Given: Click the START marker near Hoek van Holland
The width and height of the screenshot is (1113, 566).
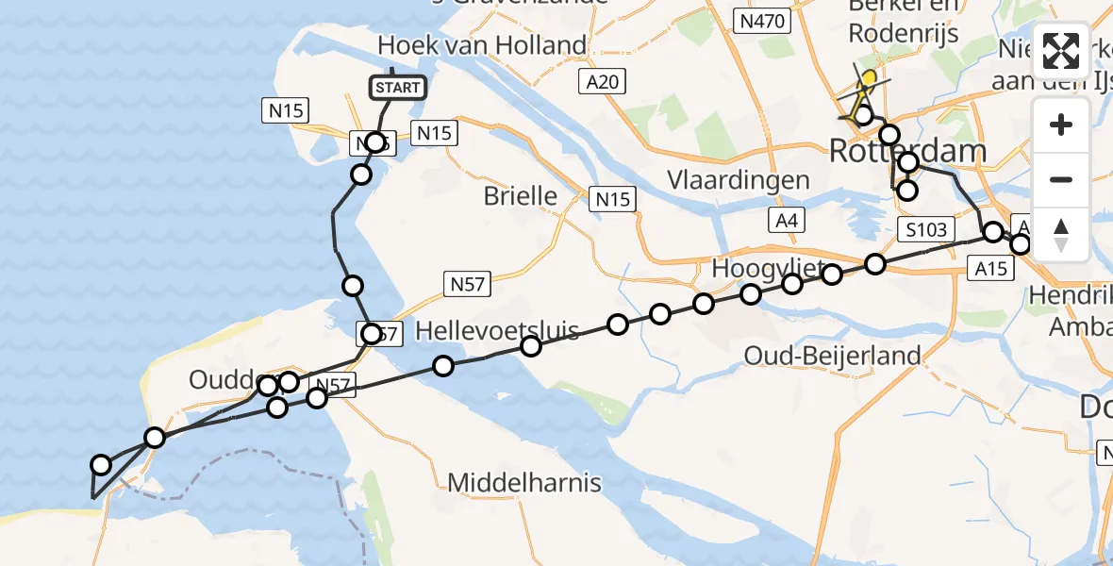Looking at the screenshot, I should tap(397, 88).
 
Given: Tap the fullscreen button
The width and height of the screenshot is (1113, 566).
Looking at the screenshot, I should tap(1061, 51).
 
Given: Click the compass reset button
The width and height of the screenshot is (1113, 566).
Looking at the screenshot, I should tap(1061, 234).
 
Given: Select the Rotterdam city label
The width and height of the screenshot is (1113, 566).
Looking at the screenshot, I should tap(907, 150).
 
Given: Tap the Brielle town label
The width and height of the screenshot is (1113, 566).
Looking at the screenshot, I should tap(520, 196).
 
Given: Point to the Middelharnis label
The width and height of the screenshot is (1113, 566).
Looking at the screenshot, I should tap(523, 484).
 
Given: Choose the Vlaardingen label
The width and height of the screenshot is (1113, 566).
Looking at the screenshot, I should tap(738, 179).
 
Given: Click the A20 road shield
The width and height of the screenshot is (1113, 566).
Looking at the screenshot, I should tap(601, 82).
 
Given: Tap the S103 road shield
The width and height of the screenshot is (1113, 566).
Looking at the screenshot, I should tap(925, 229).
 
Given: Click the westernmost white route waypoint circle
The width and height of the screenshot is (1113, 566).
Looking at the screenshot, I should tap(101, 464).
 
